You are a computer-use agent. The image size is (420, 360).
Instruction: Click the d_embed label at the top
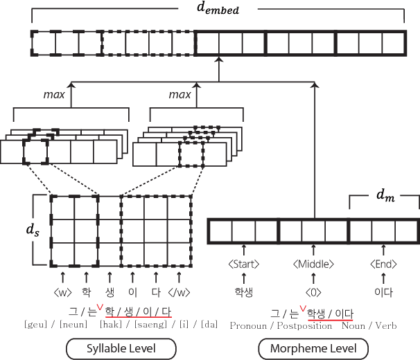219,11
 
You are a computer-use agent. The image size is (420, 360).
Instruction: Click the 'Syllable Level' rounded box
120,348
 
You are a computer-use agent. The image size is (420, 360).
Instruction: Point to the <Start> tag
244,264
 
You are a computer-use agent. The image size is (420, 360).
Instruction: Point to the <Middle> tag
313,264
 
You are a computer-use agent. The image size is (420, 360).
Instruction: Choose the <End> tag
384,264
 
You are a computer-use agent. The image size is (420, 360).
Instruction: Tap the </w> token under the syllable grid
179,291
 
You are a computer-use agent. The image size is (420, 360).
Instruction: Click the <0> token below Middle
313,291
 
